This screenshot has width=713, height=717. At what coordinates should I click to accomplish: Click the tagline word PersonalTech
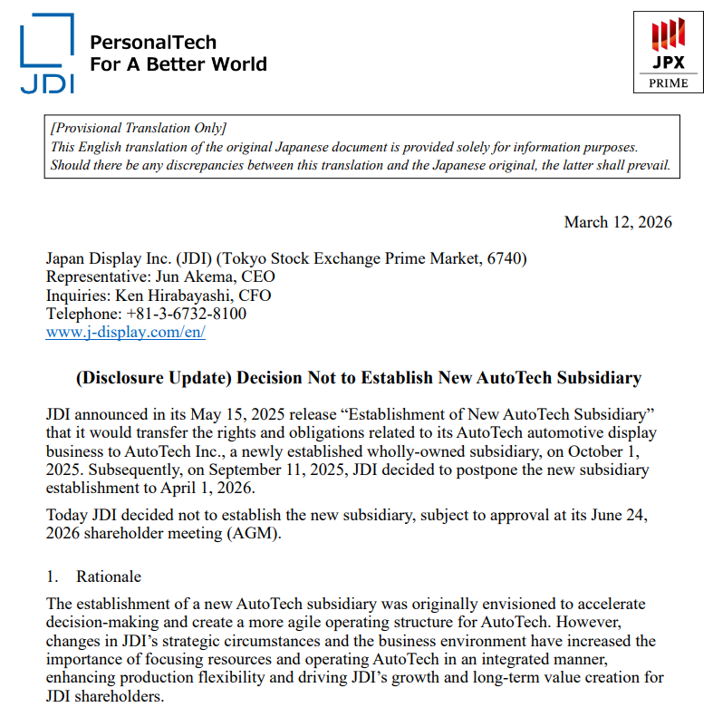[x=153, y=42]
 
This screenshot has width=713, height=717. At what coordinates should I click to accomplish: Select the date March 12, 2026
[x=618, y=222]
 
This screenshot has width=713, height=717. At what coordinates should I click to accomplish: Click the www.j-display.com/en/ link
[x=126, y=332]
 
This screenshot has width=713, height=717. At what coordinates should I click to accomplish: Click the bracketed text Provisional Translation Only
[x=139, y=129]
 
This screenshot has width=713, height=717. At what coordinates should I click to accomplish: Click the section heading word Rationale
[x=109, y=577]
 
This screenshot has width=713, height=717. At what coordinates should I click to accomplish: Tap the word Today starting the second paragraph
[x=67, y=516]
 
